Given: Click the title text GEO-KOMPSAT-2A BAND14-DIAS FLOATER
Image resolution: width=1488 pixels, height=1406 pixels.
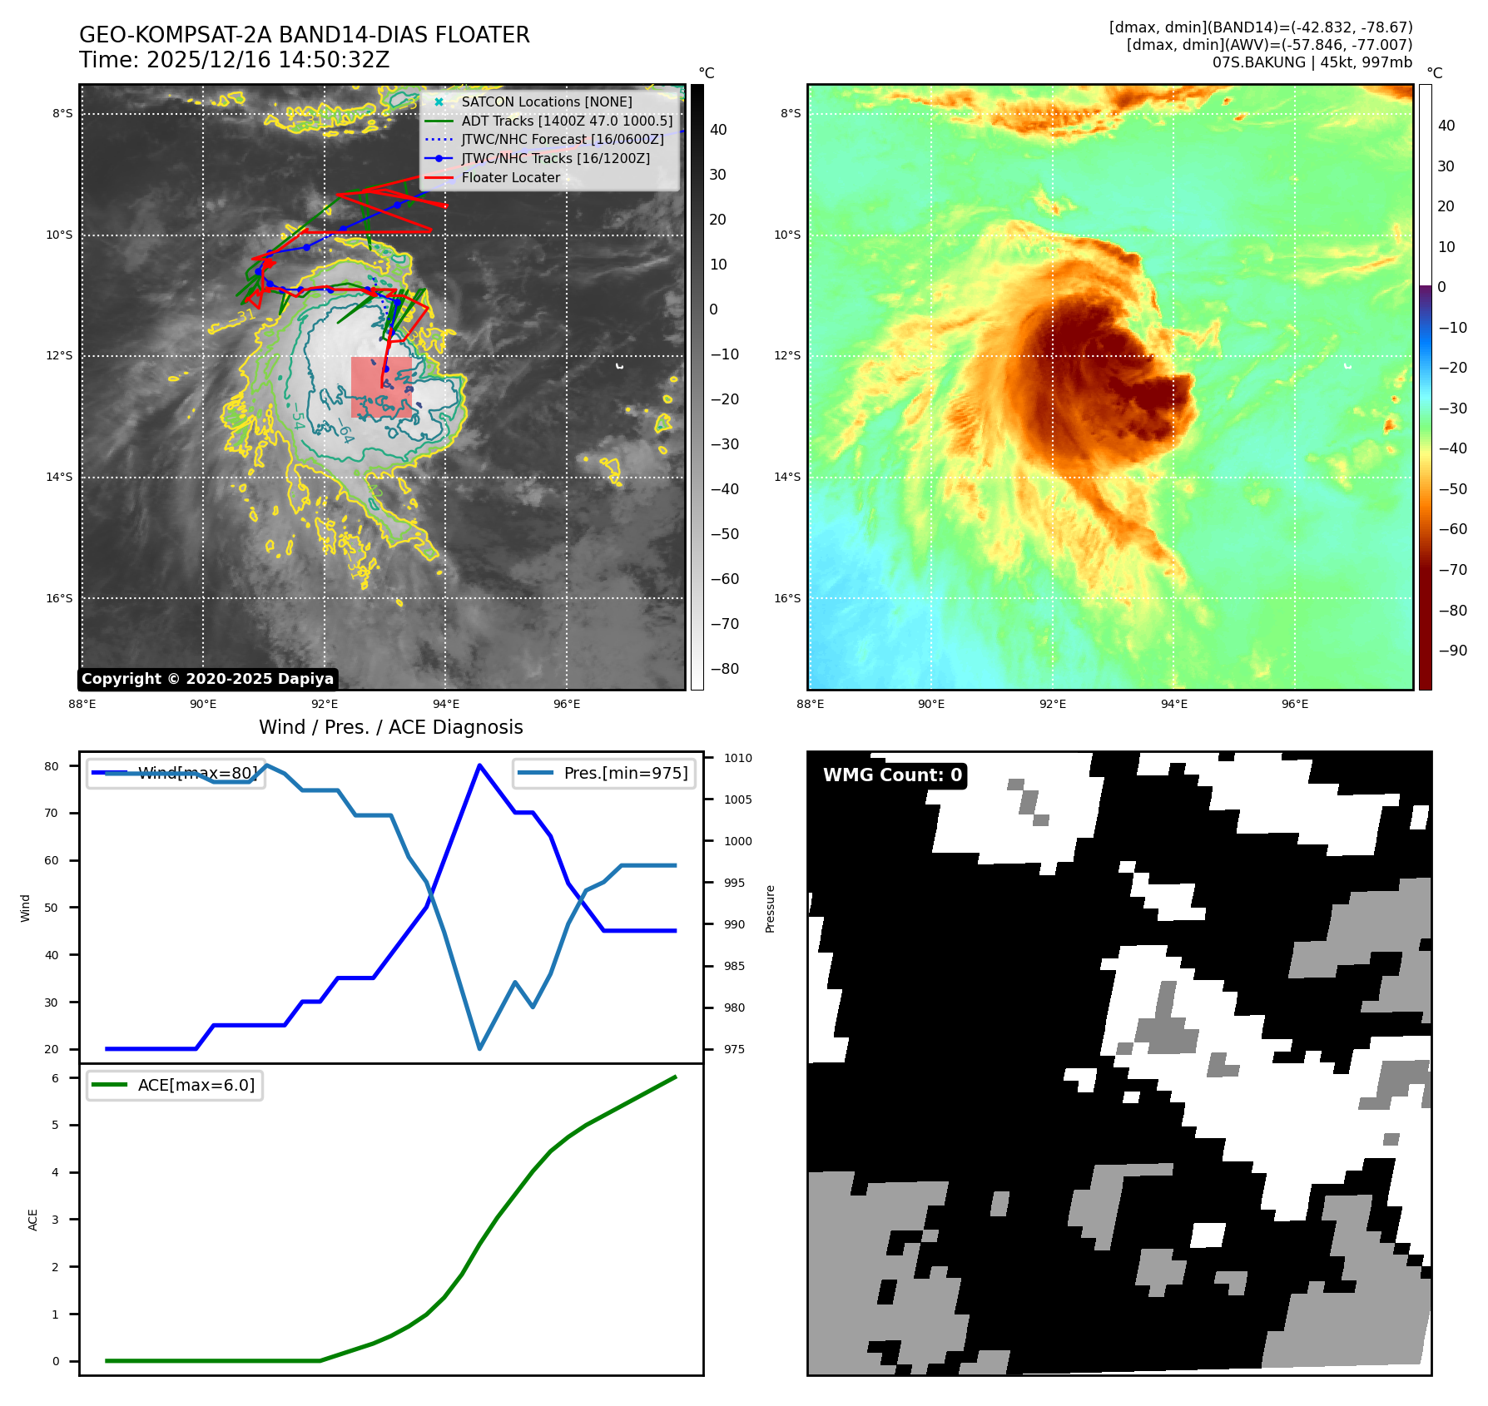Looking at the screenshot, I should pyautogui.click(x=304, y=36).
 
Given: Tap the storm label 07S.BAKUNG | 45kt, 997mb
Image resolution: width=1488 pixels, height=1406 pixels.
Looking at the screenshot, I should pyautogui.click(x=1312, y=62).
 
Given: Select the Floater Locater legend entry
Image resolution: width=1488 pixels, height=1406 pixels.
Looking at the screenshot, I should pyautogui.click(x=510, y=177).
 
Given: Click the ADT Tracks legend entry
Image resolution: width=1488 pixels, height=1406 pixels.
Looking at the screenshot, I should pyautogui.click(x=567, y=121).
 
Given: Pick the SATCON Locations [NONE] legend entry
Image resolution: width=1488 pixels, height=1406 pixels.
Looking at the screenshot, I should pyautogui.click(x=546, y=101).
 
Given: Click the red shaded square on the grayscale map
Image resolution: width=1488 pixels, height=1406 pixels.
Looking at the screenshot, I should pyautogui.click(x=381, y=387).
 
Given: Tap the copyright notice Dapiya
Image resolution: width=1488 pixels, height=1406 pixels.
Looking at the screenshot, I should pyautogui.click(x=207, y=679).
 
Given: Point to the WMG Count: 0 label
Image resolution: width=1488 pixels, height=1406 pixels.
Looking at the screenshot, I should pyautogui.click(x=892, y=775).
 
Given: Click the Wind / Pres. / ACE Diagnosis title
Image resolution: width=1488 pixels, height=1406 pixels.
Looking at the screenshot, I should pyautogui.click(x=390, y=727).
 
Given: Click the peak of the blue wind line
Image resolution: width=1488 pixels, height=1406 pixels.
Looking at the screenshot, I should pyautogui.click(x=479, y=765).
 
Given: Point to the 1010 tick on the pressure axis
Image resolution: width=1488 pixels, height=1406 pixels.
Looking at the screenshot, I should pyautogui.click(x=737, y=758).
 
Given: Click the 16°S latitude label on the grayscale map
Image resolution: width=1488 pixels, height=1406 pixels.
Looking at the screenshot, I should pyautogui.click(x=59, y=598).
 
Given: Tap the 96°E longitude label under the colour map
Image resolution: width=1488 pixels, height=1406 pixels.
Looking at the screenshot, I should pyautogui.click(x=1294, y=704).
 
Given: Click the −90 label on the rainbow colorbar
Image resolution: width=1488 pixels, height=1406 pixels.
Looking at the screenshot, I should pyautogui.click(x=1452, y=651).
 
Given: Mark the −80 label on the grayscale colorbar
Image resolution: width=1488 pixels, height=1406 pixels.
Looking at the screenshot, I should pyautogui.click(x=724, y=669).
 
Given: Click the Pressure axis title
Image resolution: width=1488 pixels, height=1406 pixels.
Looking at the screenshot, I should pyautogui.click(x=770, y=908).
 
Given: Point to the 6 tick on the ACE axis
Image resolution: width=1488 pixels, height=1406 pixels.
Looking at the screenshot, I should pyautogui.click(x=55, y=1078).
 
